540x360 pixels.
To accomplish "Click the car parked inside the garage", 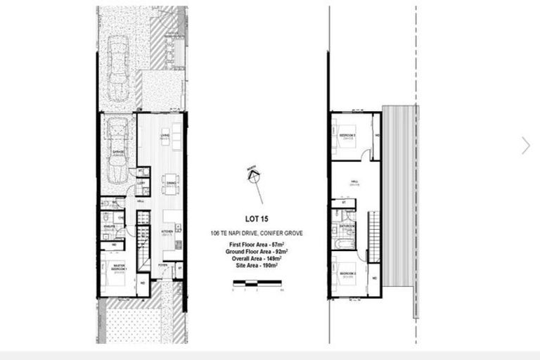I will pyautogui.click(x=117, y=150).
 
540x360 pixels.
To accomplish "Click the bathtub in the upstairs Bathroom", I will pyautogui.click(x=343, y=243).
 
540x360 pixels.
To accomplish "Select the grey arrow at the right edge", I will pyautogui.click(x=525, y=146).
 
